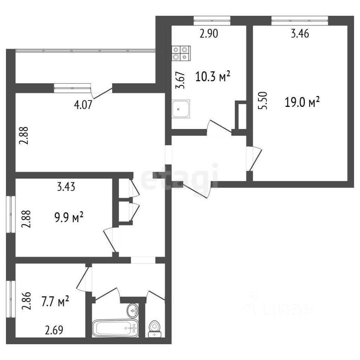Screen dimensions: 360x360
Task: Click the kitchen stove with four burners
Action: tap(181, 53)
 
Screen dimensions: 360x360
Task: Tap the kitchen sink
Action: tap(181, 109)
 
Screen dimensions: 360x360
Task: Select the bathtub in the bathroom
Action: tap(115, 328)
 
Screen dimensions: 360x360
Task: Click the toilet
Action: tap(154, 329)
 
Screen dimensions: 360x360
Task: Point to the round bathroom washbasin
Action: tap(133, 310)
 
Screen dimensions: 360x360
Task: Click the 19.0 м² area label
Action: tap(302, 102)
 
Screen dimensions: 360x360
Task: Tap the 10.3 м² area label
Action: tap(213, 76)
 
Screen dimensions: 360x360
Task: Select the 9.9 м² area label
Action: tap(69, 217)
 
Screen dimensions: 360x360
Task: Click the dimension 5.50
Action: tap(264, 100)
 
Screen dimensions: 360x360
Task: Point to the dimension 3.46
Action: tap(300, 34)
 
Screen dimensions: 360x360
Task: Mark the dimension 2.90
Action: tap(209, 34)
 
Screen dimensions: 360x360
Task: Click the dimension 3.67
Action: tap(180, 80)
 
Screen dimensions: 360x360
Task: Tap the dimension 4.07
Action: tap(83, 105)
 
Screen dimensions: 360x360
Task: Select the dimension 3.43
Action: tap(66, 187)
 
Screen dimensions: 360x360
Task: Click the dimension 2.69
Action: tap(54, 330)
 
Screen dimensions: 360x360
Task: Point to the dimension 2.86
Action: tap(26, 301)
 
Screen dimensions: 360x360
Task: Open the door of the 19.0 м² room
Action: tap(254, 158)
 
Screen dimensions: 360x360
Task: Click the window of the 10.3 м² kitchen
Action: tap(212, 20)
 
